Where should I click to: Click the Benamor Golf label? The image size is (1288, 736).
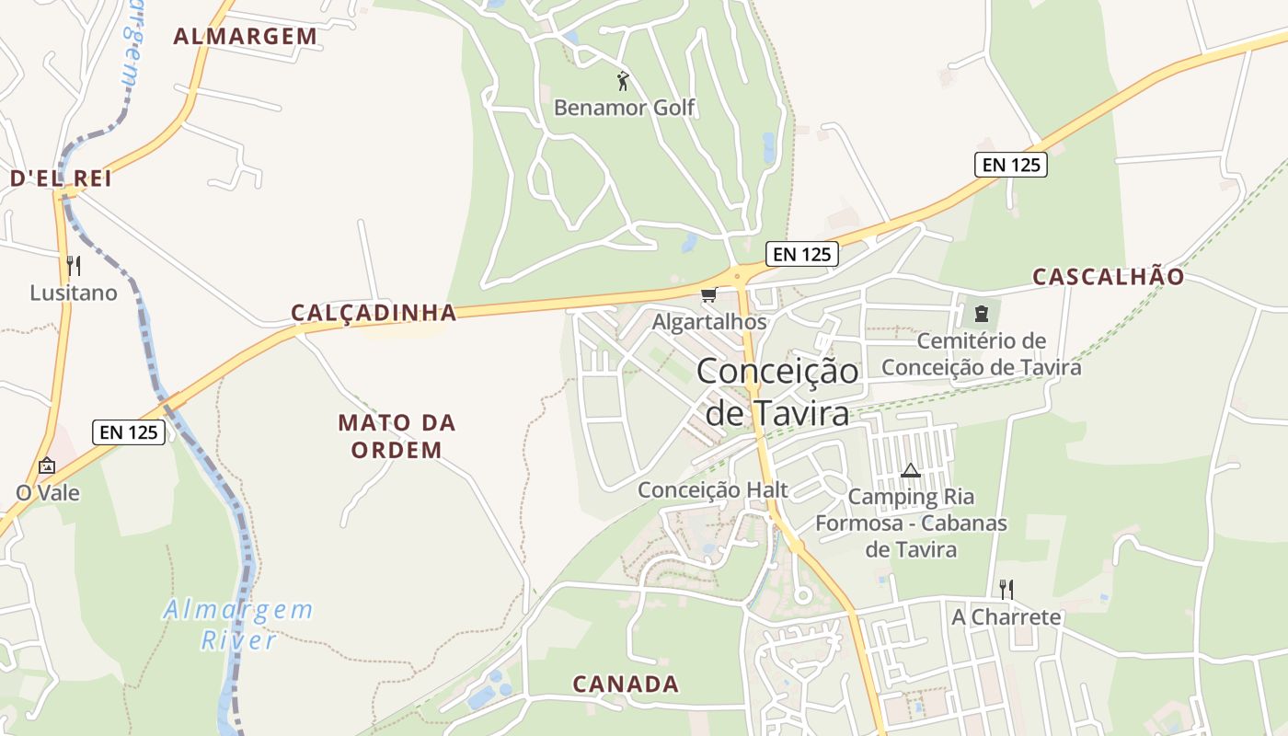[624, 108]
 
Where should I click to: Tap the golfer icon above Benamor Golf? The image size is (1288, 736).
[623, 81]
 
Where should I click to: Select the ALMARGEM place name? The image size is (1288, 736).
[246, 37]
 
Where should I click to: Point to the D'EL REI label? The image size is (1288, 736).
[61, 178]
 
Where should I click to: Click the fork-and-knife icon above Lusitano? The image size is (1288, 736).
[74, 267]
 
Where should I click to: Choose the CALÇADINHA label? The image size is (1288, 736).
[374, 313]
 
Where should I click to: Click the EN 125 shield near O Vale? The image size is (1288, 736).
[129, 431]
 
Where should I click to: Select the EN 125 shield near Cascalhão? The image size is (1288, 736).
[1011, 165]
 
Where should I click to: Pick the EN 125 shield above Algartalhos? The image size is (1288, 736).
[802, 254]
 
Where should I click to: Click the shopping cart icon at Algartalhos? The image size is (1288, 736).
[708, 295]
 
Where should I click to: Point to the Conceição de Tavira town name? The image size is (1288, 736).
[777, 392]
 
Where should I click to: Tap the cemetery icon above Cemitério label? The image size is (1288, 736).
[981, 314]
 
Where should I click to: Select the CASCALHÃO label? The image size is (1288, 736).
[1108, 277]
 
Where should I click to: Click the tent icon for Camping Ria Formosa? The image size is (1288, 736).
[911, 471]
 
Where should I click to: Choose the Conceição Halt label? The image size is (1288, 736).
[713, 490]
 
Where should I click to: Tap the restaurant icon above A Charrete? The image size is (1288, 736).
[1006, 589]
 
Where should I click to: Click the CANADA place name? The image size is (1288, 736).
[626, 684]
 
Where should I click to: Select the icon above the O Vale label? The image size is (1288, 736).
[47, 466]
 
